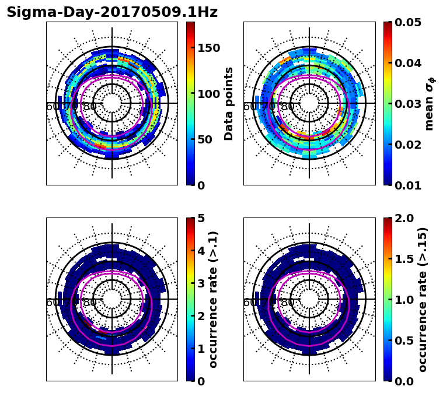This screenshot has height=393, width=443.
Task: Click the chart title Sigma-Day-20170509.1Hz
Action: [x=112, y=13]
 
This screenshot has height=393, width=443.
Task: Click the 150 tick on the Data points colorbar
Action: [x=208, y=48]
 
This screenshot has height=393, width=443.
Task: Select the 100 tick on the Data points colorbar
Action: [x=208, y=94]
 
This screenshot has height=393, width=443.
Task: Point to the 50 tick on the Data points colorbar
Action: [x=205, y=140]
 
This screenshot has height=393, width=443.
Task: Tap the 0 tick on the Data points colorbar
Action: [x=201, y=185]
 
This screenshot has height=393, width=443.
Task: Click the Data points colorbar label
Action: [x=229, y=104]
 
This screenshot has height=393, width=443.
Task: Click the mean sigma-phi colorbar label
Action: [x=429, y=104]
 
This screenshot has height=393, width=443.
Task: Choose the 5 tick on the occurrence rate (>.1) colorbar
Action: [x=201, y=218]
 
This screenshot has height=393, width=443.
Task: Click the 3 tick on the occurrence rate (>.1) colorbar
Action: [x=201, y=283]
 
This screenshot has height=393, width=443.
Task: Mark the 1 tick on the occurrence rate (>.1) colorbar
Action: [x=201, y=349]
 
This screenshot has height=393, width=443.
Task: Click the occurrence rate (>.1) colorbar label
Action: [x=214, y=300]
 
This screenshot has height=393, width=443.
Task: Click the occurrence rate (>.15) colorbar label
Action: [x=423, y=300]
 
